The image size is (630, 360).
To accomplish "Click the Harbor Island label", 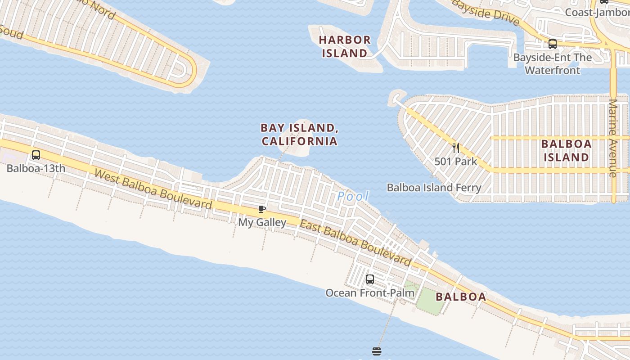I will (x=345, y=46).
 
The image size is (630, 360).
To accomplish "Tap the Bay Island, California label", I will (x=299, y=134).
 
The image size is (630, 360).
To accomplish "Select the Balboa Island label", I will (x=566, y=150).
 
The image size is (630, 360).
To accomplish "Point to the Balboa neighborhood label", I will (x=461, y=297).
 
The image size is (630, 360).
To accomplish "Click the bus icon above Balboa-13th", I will (x=36, y=155).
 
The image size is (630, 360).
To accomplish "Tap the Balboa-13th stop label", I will (x=36, y=168).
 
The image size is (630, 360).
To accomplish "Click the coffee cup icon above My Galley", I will (x=261, y=209).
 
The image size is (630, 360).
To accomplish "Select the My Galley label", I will (x=262, y=222).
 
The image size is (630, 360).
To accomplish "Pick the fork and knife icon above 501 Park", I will (x=456, y=148).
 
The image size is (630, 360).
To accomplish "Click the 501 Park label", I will (x=455, y=161).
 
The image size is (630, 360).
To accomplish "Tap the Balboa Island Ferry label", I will (x=434, y=187).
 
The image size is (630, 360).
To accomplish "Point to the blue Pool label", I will (x=353, y=196).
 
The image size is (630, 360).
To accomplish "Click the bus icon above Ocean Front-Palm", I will (x=370, y=279).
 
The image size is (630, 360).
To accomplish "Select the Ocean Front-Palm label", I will (x=370, y=292).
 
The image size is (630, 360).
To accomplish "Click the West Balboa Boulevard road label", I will (x=153, y=189).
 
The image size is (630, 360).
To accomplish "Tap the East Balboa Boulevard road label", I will (x=355, y=243).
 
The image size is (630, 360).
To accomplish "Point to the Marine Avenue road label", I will (x=612, y=138).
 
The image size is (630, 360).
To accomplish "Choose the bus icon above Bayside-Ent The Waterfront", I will (x=553, y=44).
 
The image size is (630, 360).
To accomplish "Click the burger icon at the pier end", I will (x=377, y=351).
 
